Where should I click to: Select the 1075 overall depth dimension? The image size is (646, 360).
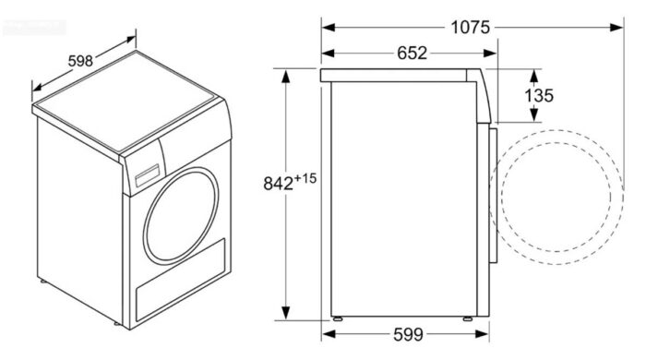click(470, 27)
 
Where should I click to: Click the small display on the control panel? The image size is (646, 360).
click(145, 175)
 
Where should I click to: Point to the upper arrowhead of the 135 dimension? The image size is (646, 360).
click(533, 72)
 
